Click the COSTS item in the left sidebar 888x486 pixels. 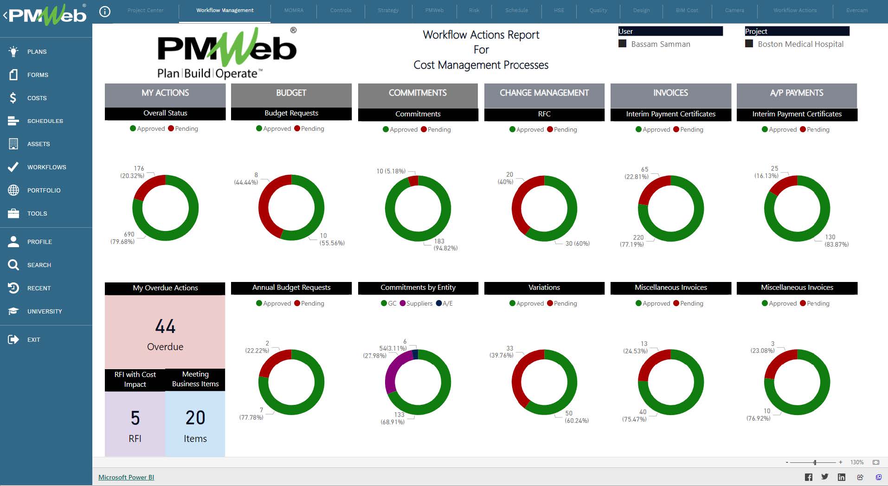tap(37, 98)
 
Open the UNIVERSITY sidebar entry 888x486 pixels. tap(44, 311)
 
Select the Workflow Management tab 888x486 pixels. tap(225, 10)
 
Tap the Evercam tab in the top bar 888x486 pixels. tap(856, 10)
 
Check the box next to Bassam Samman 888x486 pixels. tap(623, 44)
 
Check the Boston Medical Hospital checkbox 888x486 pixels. tap(749, 44)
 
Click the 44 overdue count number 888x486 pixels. tap(165, 326)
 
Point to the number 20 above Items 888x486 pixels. tap(195, 418)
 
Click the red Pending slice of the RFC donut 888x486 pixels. tap(519, 199)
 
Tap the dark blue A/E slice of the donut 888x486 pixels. tap(415, 355)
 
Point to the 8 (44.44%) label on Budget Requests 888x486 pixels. tap(247, 179)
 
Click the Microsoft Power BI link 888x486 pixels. tap(126, 477)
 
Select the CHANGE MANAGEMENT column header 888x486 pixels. tap(544, 93)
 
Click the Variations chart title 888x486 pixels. tap(544, 288)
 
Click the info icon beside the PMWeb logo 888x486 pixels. tap(105, 12)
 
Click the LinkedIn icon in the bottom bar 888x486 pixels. tap(841, 477)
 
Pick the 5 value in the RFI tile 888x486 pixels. tap(135, 418)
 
